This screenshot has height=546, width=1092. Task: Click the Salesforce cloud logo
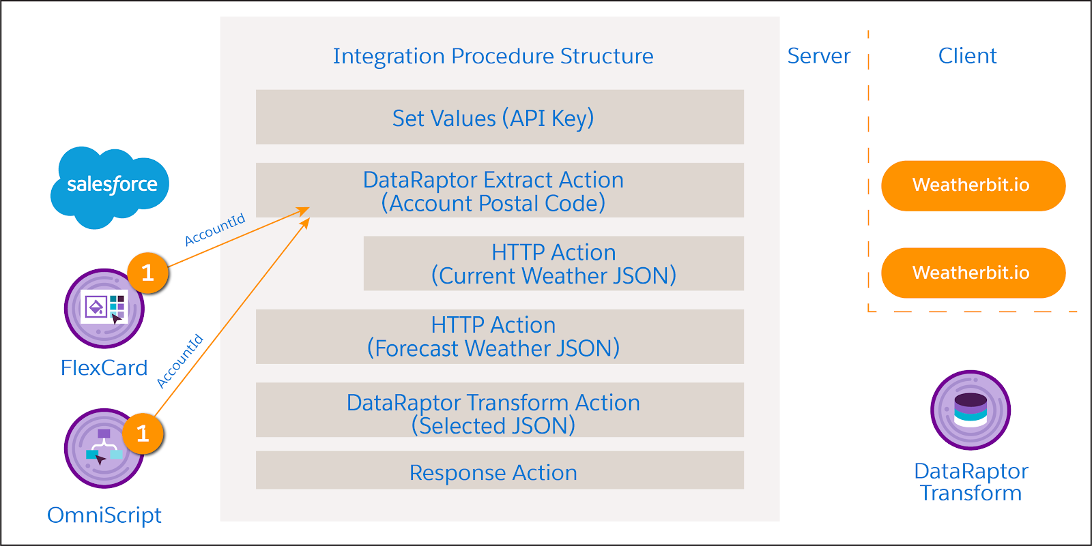(110, 185)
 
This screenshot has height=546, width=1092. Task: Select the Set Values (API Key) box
(500, 117)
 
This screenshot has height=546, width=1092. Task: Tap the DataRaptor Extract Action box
(500, 190)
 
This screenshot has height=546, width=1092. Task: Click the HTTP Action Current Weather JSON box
(554, 264)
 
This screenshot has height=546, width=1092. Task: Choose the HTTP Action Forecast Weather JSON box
(500, 337)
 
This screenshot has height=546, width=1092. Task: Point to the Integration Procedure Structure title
(493, 56)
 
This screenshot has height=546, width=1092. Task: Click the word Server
(818, 56)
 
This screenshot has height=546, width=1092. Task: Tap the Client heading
(967, 56)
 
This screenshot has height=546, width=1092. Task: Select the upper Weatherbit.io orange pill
(973, 185)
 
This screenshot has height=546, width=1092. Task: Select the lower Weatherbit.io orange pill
(973, 273)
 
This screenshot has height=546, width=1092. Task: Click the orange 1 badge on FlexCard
(148, 273)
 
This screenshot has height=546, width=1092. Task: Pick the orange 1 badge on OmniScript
(143, 434)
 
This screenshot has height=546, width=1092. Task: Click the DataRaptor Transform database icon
(970, 410)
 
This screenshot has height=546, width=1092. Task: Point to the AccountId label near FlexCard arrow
(214, 230)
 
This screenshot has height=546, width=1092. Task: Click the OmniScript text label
(104, 515)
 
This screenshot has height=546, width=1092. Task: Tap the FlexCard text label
(104, 368)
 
